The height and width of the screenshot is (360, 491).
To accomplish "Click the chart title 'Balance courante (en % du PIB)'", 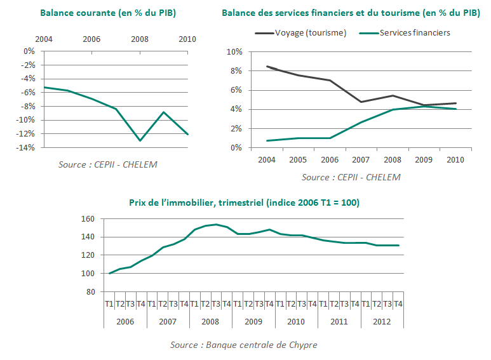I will point(108,13).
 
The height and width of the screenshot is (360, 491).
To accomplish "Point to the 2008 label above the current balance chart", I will point(140,39).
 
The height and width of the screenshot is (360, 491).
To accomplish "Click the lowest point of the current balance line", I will point(140,140).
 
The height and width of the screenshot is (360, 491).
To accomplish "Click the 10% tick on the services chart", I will point(234,52).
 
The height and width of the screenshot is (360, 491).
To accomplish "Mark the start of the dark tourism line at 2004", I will point(267,66).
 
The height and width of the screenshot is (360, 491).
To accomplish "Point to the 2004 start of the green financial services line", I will point(267,140).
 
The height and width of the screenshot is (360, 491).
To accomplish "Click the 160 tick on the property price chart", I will point(88,219).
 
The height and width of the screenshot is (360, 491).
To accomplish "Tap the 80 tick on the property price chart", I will point(90,292).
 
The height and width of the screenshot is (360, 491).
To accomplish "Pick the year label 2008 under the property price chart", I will point(210,322).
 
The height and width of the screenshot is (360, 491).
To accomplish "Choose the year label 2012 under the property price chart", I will point(382,322).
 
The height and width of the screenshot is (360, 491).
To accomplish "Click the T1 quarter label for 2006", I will point(109,304).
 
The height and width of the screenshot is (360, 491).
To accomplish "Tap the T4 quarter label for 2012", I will point(398,304).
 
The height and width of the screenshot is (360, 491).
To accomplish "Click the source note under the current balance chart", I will point(108,165).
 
